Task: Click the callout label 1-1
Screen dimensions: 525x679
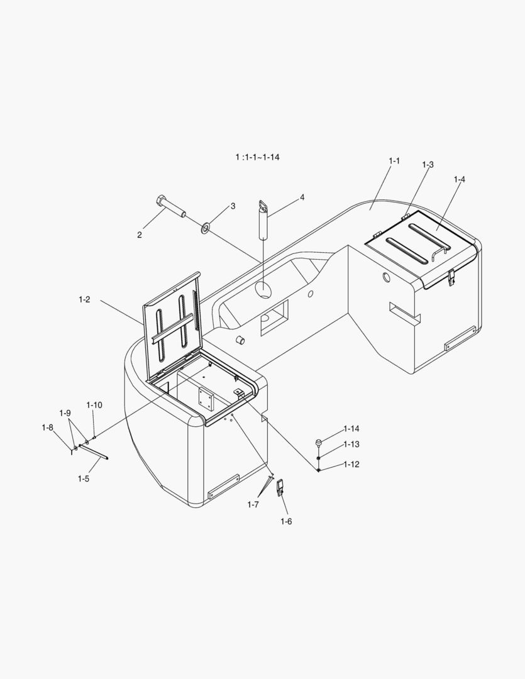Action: (x=394, y=161)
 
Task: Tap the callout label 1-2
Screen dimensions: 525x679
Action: (x=84, y=299)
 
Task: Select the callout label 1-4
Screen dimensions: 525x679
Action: (x=460, y=179)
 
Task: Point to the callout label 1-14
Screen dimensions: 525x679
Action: (x=351, y=429)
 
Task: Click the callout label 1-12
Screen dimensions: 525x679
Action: (x=351, y=464)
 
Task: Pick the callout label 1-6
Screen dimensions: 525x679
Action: (x=286, y=521)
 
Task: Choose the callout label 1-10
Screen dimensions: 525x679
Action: (x=94, y=405)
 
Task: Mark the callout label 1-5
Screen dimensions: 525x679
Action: (x=84, y=478)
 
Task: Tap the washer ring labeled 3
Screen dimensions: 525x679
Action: (x=206, y=228)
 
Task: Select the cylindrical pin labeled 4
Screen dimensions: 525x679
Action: (x=263, y=219)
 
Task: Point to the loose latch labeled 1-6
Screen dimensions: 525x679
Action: (x=280, y=488)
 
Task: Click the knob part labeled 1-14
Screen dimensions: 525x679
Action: (x=319, y=442)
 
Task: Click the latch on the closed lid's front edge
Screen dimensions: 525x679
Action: (x=451, y=277)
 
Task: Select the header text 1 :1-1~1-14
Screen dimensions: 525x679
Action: (x=258, y=157)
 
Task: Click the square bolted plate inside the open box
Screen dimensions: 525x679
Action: (x=206, y=399)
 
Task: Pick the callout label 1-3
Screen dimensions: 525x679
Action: (x=428, y=165)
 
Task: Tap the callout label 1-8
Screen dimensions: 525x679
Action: (x=48, y=428)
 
